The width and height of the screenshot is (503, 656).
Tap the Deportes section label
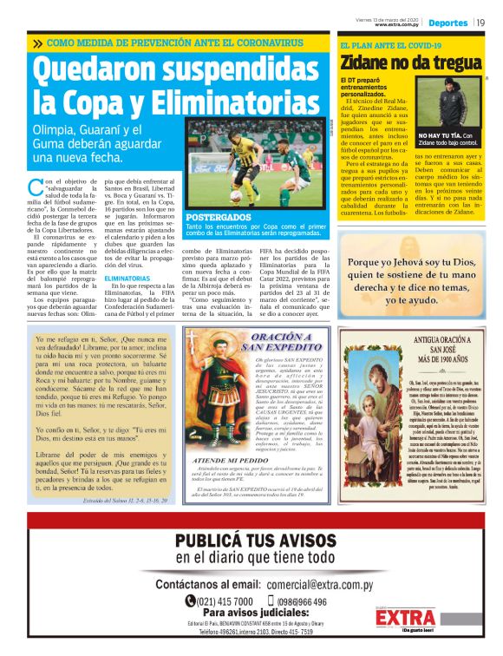point(447,22)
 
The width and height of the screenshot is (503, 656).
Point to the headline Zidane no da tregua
point(409,62)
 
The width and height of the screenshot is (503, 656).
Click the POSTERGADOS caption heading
point(219,217)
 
